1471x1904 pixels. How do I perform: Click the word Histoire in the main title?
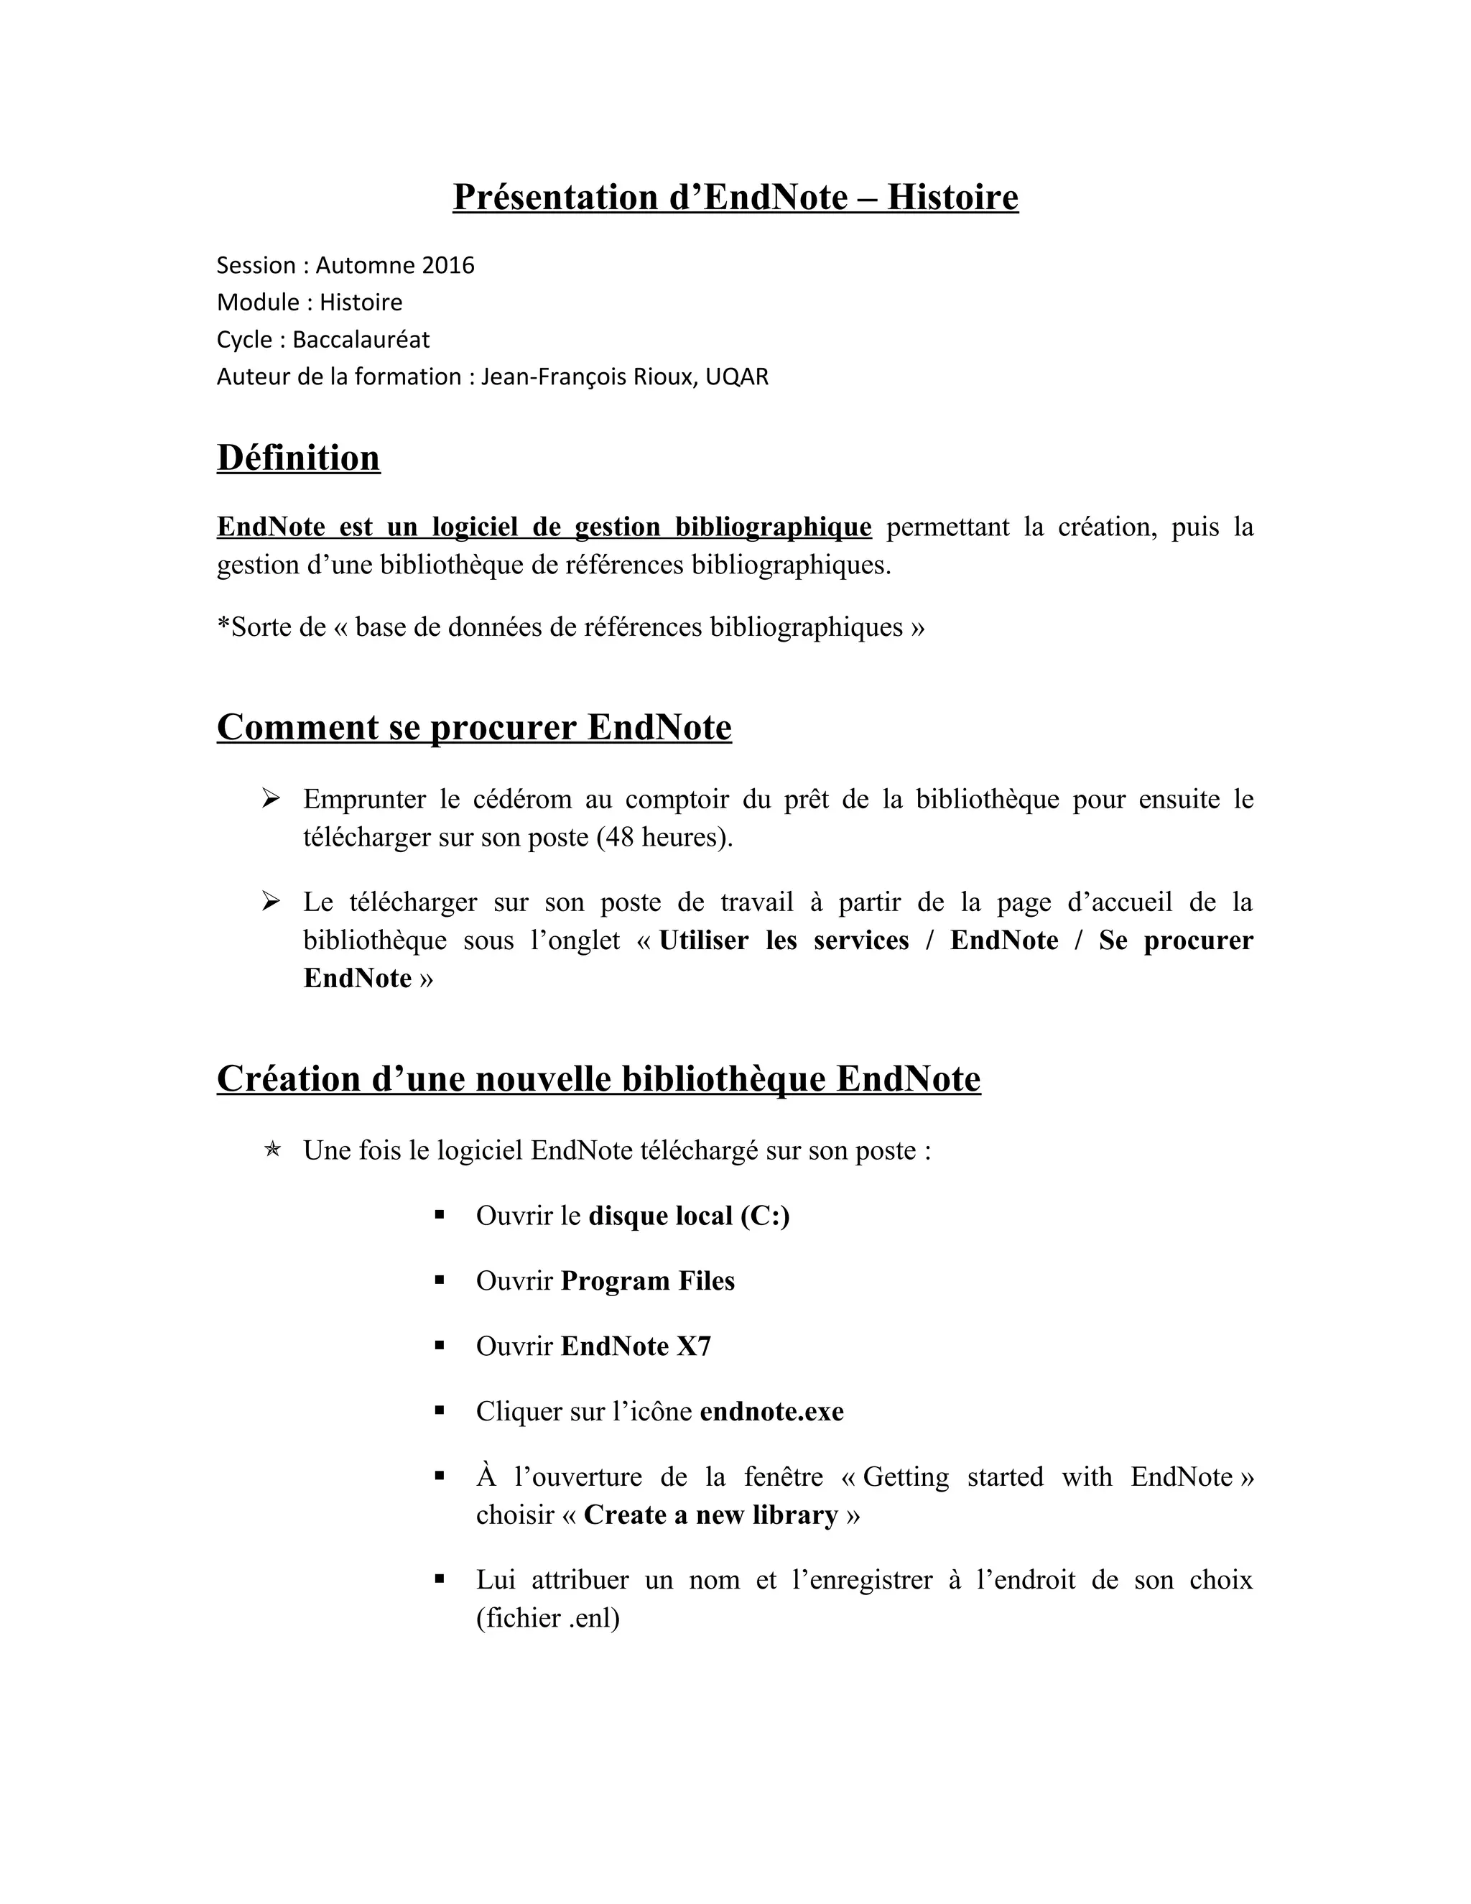[952, 197]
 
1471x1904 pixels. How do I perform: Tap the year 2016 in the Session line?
[448, 265]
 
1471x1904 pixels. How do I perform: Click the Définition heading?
[298, 458]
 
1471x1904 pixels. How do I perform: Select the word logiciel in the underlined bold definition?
[475, 527]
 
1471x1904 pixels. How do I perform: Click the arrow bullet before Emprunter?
[270, 798]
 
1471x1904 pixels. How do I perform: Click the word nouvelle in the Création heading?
[543, 1078]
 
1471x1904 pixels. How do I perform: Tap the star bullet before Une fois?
[271, 1150]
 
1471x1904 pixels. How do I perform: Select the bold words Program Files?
[647, 1280]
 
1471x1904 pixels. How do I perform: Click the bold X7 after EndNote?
[694, 1346]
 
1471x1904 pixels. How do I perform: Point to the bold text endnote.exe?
[771, 1411]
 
